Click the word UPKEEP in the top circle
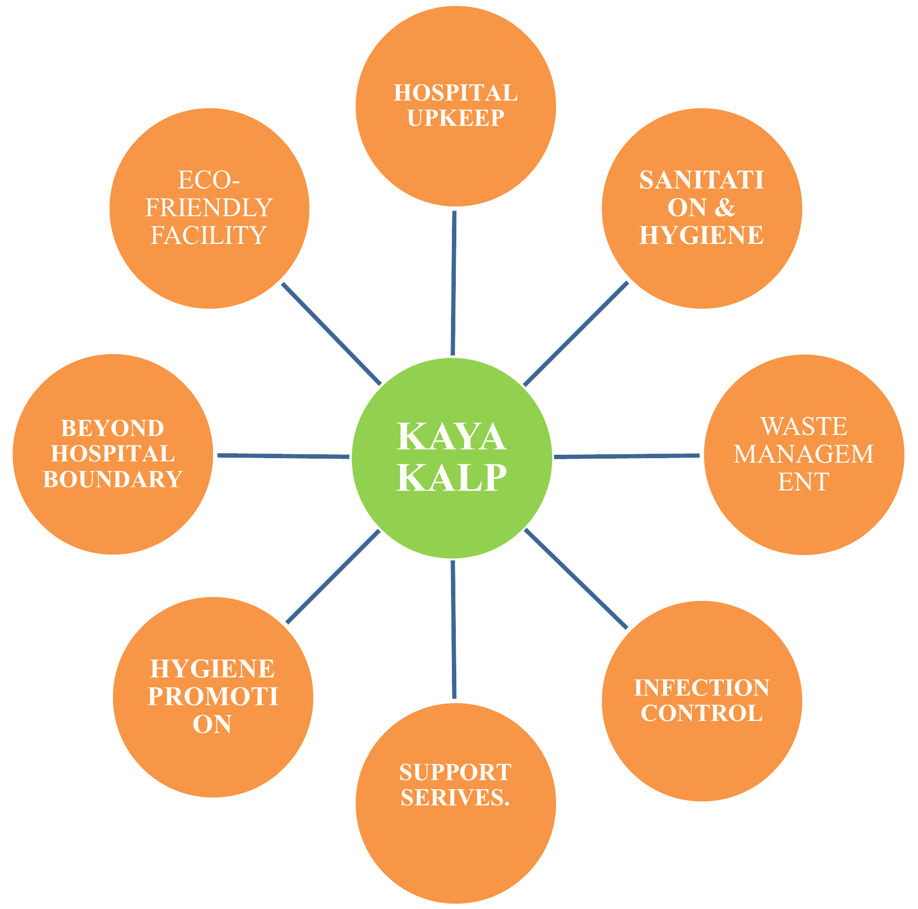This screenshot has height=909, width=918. coord(456,118)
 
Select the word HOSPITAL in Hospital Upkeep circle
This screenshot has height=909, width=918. coord(456,93)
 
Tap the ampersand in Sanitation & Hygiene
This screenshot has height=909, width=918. coord(725,208)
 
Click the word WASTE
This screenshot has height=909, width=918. coord(804,427)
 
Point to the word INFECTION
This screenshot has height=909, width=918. coord(702,688)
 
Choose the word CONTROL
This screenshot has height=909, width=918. coord(702,713)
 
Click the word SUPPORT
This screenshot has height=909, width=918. coord(455,773)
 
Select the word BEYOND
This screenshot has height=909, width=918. coord(113,429)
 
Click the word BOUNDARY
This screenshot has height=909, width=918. coord(113,480)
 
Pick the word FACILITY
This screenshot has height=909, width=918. coord(209,236)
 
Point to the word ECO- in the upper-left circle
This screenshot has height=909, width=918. coord(209,181)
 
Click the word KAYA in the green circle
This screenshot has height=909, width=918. coord(451,437)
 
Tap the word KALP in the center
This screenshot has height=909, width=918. coord(451,478)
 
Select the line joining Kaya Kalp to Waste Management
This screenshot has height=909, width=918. coord(627,456)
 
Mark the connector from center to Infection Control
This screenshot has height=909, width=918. coord(576,578)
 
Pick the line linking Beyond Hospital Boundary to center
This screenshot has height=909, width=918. coord(283,456)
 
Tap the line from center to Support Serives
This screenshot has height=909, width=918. coord(453,629)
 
